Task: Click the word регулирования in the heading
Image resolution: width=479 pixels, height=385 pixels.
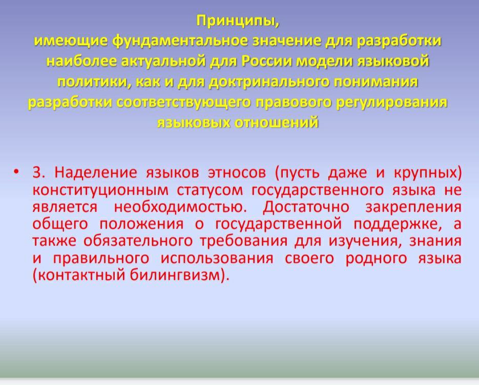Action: click(x=391, y=103)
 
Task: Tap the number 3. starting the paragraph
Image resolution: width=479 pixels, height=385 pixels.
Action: click(x=39, y=172)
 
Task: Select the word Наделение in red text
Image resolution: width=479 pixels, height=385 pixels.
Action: click(x=96, y=173)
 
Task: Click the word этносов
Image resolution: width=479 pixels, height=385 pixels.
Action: click(x=237, y=173)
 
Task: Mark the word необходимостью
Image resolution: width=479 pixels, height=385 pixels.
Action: click(x=180, y=207)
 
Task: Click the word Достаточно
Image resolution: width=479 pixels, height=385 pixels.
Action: click(x=306, y=208)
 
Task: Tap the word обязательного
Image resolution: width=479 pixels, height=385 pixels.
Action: click(x=138, y=241)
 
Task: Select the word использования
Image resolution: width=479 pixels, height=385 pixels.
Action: click(x=217, y=258)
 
